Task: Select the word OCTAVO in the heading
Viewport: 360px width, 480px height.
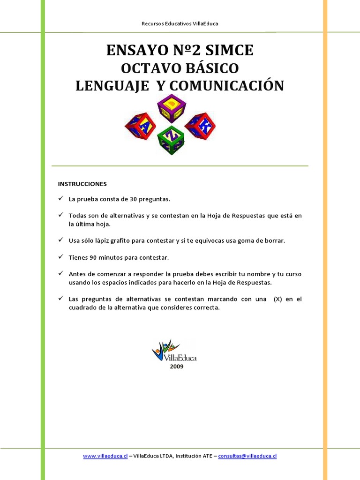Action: coord(150,68)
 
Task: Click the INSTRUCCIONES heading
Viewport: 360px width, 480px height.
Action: coord(82,184)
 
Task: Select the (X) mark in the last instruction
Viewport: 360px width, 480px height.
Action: coord(278,300)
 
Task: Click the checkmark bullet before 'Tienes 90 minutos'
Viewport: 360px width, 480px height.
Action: coord(61,257)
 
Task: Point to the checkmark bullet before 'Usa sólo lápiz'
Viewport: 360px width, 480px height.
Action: coord(61,240)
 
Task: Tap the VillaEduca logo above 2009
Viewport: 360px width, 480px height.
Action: coord(173,351)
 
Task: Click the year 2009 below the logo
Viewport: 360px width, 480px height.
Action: coord(177,367)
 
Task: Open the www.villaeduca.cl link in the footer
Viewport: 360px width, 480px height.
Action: coord(105,456)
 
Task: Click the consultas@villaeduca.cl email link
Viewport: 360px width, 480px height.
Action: coord(247,456)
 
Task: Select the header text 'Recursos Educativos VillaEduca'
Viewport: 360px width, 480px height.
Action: coord(180,23)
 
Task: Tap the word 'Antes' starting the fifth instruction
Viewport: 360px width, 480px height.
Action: coord(76,274)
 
